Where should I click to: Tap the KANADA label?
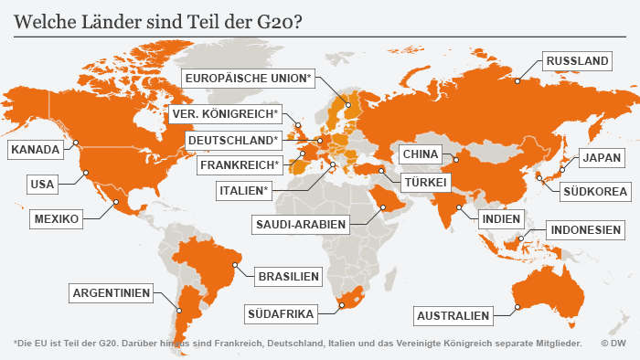click(36, 149)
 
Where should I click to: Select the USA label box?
click(42, 185)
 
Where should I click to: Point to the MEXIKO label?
click(58, 219)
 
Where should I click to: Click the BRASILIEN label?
click(288, 276)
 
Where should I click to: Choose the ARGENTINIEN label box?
click(112, 293)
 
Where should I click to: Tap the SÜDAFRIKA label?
click(281, 314)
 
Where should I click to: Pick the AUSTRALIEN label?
click(453, 316)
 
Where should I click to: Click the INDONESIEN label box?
click(585, 229)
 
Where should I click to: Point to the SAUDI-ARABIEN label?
click(300, 223)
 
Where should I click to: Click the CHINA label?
click(421, 154)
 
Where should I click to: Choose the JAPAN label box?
click(601, 158)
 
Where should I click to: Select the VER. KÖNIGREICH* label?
click(224, 114)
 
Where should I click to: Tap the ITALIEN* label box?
click(244, 191)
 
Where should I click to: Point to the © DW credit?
click(613, 344)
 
